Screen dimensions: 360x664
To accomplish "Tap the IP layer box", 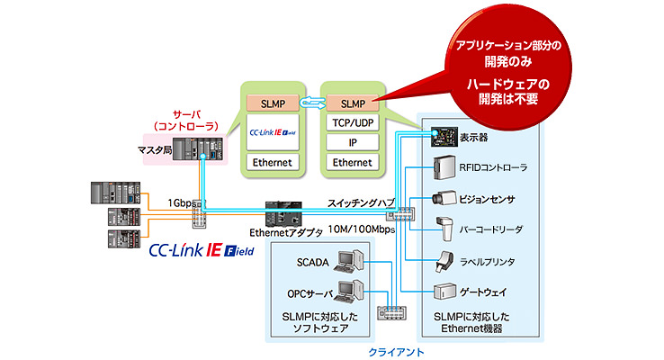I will point(353,142).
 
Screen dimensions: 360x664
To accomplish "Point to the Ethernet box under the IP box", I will point(353,162).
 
